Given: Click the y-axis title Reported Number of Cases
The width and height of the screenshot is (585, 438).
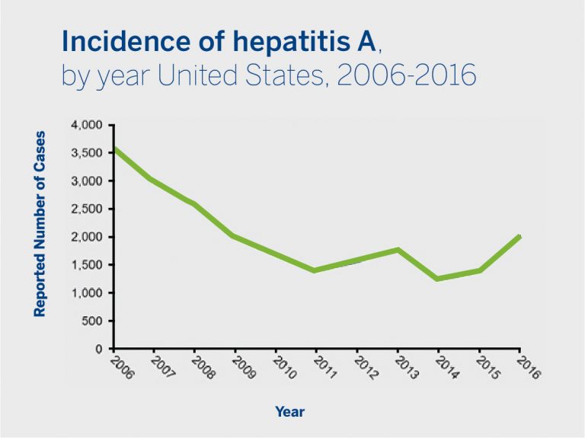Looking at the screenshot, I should pos(40,224).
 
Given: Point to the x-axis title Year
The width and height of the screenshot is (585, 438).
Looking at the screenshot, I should pos(289,412).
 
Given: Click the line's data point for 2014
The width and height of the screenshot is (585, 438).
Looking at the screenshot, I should pos(438,279).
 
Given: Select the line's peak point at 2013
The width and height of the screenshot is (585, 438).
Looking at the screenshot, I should pos(398,249).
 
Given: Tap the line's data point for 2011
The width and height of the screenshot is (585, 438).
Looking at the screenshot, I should pos(315,270).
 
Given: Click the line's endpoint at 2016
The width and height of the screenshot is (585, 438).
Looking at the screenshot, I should pos(519,236).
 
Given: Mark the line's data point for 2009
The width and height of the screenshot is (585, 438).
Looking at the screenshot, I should pos(234,236).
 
